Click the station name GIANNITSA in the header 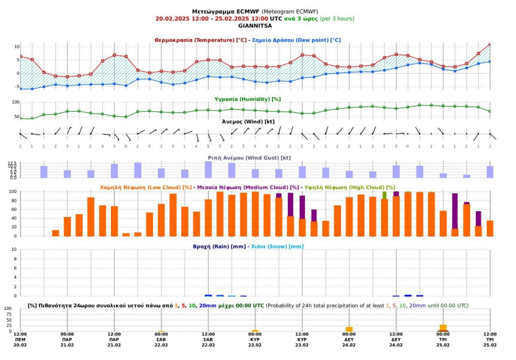pos(255,26)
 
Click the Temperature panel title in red pos(200,40)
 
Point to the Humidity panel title pos(247,99)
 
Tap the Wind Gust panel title pos(249,158)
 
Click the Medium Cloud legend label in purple pos(248,187)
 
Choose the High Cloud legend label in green pos(350,187)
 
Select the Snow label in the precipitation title pos(277,246)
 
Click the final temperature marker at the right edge pos(490,44)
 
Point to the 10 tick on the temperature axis pos(17,47)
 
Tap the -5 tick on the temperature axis pos(17,87)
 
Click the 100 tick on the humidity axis pos(16,102)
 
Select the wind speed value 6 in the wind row pos(126,146)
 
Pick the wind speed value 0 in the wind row pos(407,146)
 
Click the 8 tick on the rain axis pos(15,259)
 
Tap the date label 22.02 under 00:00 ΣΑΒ pos(161,345)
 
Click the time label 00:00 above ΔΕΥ pos(349,334)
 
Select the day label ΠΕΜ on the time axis pos(20,340)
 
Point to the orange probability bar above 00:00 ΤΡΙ pos(444,327)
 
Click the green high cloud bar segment pos(384,195)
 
